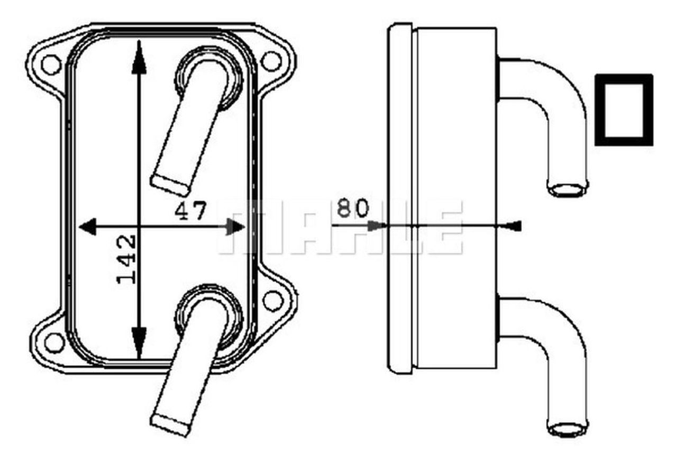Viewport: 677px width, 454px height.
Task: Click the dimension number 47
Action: (190, 211)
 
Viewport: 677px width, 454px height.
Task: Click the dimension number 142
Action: (127, 260)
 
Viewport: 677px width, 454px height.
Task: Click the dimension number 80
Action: (352, 208)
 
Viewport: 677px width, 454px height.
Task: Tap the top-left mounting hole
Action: (51, 64)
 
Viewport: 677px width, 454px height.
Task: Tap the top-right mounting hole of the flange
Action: (271, 61)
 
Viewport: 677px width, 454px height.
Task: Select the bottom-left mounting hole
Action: (54, 342)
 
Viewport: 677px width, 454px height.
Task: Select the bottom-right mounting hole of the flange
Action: (273, 301)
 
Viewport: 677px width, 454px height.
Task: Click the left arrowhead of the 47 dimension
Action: (88, 227)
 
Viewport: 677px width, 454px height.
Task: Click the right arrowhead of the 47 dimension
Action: (235, 227)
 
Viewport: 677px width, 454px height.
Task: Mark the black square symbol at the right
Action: (624, 109)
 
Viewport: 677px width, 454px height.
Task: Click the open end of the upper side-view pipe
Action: (568, 189)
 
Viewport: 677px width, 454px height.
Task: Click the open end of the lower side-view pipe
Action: (567, 427)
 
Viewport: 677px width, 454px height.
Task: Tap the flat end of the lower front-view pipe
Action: (169, 424)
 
